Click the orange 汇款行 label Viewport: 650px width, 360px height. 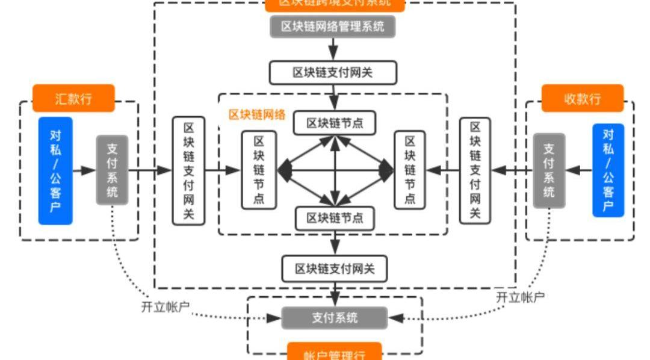[73, 99]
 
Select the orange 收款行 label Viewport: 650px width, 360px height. [582, 99]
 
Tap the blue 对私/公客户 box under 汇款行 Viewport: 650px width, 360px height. [55, 171]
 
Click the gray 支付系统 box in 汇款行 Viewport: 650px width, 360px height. [112, 170]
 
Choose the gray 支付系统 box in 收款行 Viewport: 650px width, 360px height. [549, 170]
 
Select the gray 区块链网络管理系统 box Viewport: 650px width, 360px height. [333, 26]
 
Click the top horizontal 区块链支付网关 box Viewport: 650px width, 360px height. [333, 73]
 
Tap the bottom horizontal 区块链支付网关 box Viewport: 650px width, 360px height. [334, 268]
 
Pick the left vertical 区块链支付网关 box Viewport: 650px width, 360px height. [188, 170]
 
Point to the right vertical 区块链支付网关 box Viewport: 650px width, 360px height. [475, 170]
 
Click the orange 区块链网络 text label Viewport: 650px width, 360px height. [257, 114]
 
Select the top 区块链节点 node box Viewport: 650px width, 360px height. [335, 123]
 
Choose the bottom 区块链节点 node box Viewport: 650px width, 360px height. [335, 218]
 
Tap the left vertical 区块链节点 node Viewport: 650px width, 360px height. [259, 170]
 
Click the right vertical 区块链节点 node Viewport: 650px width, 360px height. [410, 170]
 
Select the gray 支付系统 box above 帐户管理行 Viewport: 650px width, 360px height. [334, 317]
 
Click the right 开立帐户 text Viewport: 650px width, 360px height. [520, 297]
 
